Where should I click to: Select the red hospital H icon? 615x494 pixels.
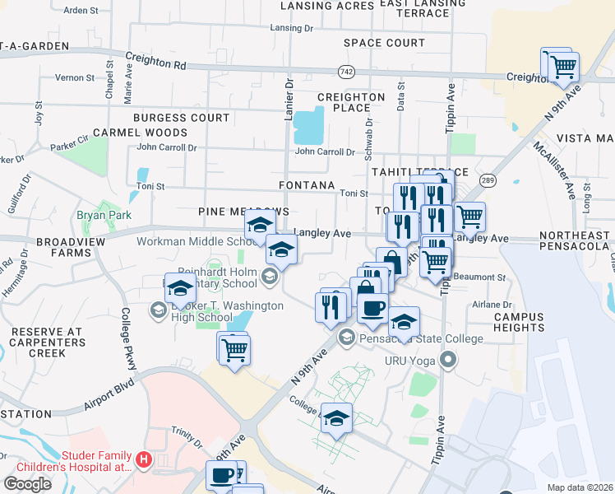tap(144, 459)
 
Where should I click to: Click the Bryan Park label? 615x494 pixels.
tap(99, 215)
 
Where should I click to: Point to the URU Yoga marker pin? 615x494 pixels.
tap(447, 360)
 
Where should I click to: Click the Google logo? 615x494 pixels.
tap(27, 483)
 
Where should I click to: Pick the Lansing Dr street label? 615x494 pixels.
tap(292, 28)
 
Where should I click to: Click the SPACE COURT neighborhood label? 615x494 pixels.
tap(384, 43)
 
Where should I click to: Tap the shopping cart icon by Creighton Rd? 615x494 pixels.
tap(562, 67)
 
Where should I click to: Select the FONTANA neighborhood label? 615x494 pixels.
tap(307, 186)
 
